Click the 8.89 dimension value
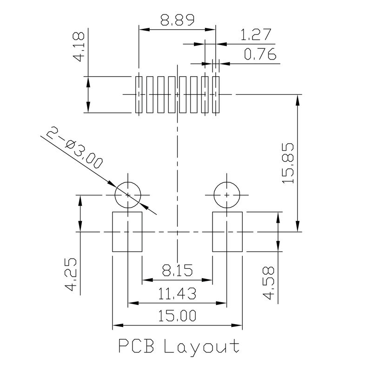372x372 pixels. (177, 20)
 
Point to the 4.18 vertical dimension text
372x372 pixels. (79, 46)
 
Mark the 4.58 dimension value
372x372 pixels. (269, 284)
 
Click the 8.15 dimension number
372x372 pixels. (177, 270)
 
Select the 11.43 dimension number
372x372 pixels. (177, 294)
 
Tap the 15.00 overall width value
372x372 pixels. (177, 316)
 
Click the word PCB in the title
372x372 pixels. (137, 346)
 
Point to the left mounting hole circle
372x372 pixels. (127, 195)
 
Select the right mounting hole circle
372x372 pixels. (226, 195)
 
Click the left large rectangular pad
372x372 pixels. (127, 232)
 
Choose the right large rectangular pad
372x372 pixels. (227, 232)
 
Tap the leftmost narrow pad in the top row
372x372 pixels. (138, 94)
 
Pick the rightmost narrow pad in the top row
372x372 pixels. (215, 94)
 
